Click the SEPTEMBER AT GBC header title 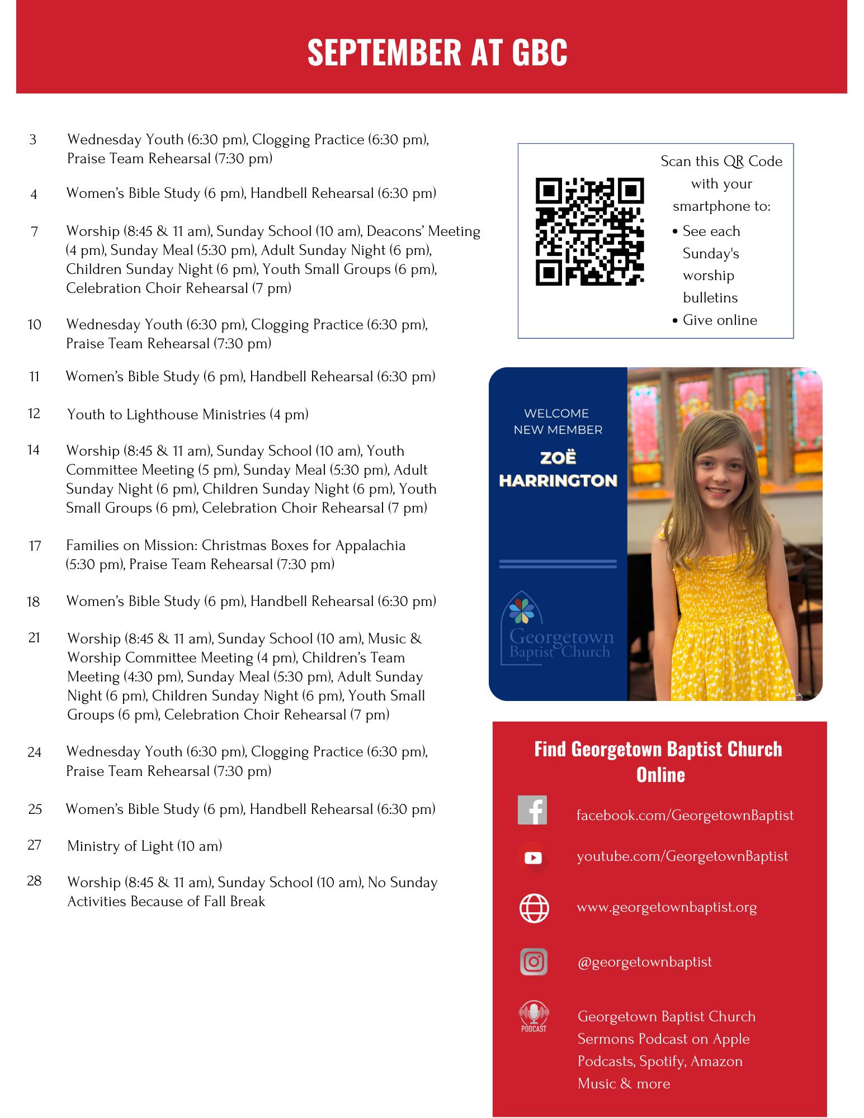437,52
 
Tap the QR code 589,231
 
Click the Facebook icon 532,810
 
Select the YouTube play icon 533,857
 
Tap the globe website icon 534,908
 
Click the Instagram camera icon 533,962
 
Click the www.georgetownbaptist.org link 667,907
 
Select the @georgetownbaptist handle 644,961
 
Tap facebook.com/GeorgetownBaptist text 685,815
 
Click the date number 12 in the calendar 34,413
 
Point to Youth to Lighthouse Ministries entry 187,414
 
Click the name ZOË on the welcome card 558,458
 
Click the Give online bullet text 720,320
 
